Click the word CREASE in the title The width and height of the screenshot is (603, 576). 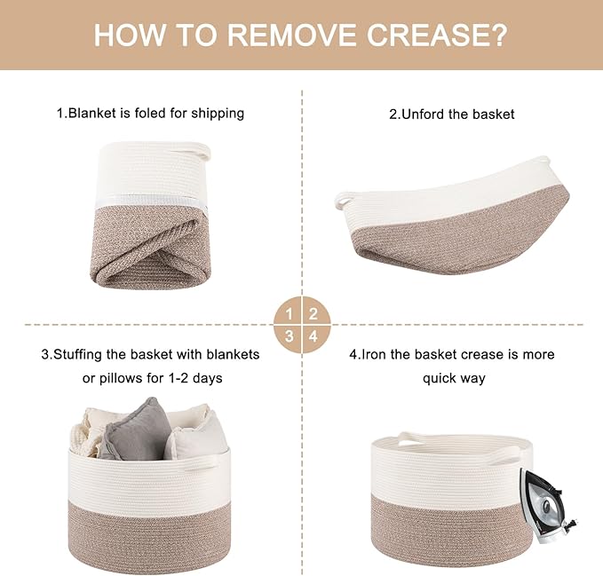tap(437, 35)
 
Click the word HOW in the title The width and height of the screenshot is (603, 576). tap(129, 35)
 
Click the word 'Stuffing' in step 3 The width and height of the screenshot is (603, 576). tap(77, 354)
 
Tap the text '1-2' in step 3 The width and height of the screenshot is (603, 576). tap(179, 378)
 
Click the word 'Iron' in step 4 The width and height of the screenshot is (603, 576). tap(373, 354)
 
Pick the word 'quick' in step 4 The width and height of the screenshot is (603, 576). tap(440, 379)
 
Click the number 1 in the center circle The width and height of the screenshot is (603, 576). tap(290, 314)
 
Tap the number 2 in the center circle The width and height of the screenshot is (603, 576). tap(313, 314)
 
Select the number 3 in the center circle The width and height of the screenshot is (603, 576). tap(290, 336)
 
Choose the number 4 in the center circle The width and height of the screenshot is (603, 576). tap(313, 336)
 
